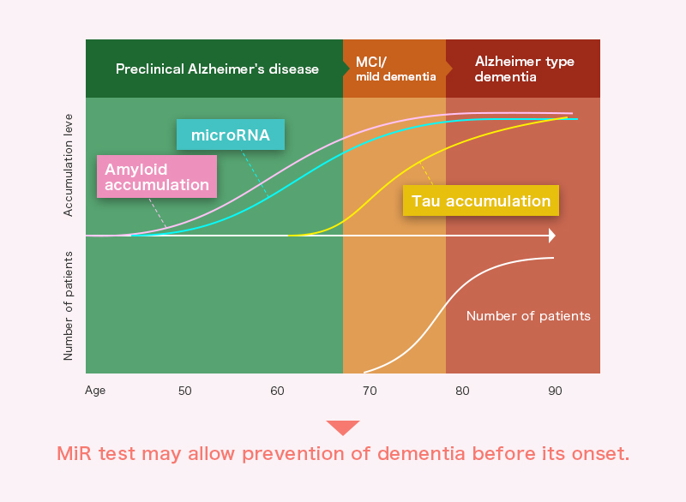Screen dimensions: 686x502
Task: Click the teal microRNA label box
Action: [x=231, y=134]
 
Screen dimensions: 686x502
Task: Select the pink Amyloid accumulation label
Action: [x=157, y=176]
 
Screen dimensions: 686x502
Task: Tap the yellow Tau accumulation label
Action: [x=481, y=200]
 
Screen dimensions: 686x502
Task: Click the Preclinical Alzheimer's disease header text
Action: [x=218, y=69]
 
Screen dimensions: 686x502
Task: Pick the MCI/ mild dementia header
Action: [x=396, y=69]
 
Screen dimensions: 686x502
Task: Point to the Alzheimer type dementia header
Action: [x=525, y=69]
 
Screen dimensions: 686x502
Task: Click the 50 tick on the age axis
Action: [x=184, y=391]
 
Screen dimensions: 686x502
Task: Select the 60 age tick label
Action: [x=277, y=391]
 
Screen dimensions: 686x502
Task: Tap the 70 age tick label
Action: [x=370, y=391]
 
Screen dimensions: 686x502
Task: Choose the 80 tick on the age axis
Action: [x=462, y=391]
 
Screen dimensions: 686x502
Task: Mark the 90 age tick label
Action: [x=555, y=391]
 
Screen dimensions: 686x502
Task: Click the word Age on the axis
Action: [x=95, y=391]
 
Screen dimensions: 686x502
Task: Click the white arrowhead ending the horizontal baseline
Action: [x=552, y=236]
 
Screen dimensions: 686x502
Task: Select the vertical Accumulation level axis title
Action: [x=68, y=165]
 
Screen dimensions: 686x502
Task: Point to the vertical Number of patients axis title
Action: [x=68, y=306]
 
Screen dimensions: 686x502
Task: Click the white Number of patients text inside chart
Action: [x=528, y=316]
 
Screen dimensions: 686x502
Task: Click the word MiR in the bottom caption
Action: [x=74, y=453]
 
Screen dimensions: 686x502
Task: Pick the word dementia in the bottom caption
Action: [x=421, y=453]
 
